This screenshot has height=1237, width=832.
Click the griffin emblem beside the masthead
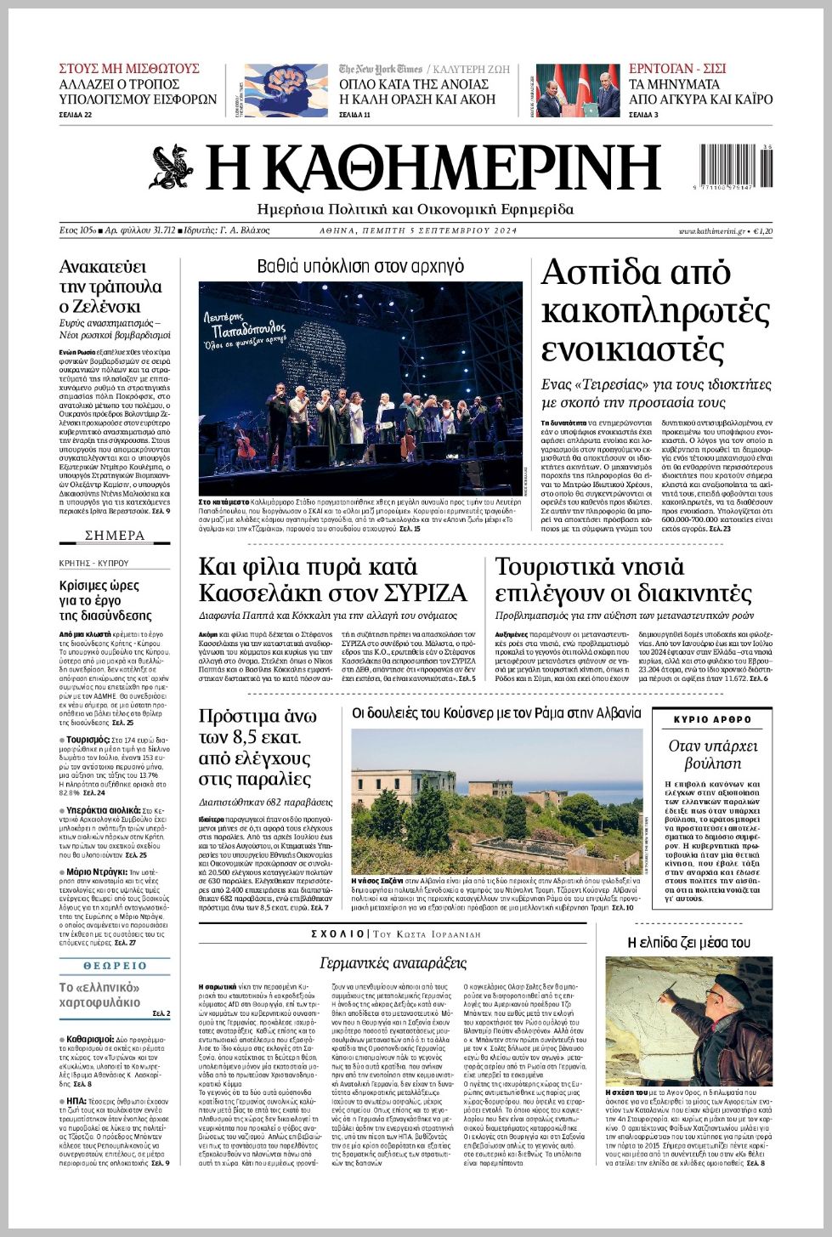[x=173, y=167]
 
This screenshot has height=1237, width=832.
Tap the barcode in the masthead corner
[x=735, y=167]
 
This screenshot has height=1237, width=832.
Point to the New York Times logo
[x=380, y=69]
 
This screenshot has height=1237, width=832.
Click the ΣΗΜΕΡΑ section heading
[x=115, y=536]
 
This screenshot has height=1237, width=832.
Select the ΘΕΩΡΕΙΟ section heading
[x=116, y=966]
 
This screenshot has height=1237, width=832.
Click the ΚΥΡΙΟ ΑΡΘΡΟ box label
[x=712, y=719]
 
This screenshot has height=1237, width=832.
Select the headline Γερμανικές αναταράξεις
[x=393, y=962]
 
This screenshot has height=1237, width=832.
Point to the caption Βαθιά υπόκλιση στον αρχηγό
[x=360, y=267]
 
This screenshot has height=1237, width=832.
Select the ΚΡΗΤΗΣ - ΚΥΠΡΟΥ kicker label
[x=93, y=563]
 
